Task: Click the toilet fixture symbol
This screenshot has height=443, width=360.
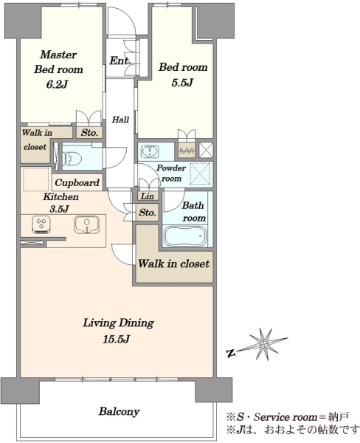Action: (x=72, y=158)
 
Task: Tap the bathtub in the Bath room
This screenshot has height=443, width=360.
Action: (x=185, y=236)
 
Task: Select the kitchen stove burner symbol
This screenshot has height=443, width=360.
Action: (x=41, y=225)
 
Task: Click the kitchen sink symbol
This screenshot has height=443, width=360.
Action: (x=87, y=224)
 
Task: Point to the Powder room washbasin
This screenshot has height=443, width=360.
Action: (x=149, y=151)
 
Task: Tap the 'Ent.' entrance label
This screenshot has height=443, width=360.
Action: (x=120, y=61)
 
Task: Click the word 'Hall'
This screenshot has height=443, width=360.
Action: (x=120, y=120)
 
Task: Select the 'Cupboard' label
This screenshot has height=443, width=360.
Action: (x=77, y=182)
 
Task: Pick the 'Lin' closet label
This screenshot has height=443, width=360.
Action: (x=148, y=196)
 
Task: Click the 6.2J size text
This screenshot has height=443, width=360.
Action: (x=58, y=84)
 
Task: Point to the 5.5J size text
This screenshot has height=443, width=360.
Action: (x=182, y=83)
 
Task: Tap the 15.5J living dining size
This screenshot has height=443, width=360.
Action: (x=116, y=339)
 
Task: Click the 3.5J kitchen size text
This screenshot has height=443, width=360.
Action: (x=59, y=209)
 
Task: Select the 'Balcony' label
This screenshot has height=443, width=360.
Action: (x=119, y=411)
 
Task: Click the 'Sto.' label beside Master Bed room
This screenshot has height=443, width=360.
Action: (x=89, y=133)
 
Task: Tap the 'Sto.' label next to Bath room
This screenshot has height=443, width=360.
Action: (x=148, y=212)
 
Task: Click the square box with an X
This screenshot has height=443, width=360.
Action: (x=206, y=150)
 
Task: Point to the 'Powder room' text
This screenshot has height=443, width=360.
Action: (x=171, y=174)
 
